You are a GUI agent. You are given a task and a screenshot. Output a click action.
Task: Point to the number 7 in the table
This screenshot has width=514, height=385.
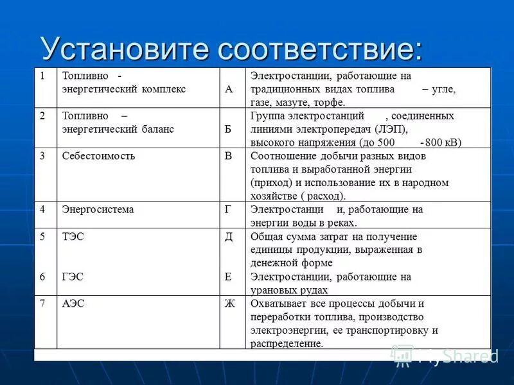[x=42, y=304]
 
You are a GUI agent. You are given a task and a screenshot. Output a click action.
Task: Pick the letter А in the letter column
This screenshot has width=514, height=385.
[x=229, y=89]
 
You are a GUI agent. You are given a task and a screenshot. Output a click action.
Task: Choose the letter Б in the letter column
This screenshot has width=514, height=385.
[x=229, y=129]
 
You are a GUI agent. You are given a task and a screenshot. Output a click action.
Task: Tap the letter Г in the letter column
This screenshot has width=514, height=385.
[x=229, y=209]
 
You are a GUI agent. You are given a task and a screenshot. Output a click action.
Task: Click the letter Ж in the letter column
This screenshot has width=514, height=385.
[x=229, y=304]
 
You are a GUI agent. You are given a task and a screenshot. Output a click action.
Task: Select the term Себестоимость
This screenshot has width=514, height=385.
[x=98, y=156]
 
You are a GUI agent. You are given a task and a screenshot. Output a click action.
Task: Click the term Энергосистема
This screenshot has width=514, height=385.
[x=98, y=209]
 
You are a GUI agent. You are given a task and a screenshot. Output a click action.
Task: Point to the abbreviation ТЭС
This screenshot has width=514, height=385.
[x=73, y=237]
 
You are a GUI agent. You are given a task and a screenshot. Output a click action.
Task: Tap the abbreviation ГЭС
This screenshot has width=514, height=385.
[x=73, y=277]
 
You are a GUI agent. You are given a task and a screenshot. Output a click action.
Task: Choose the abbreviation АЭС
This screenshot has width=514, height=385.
[x=73, y=304]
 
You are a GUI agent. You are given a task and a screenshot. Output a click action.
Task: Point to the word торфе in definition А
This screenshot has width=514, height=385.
[x=330, y=103]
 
